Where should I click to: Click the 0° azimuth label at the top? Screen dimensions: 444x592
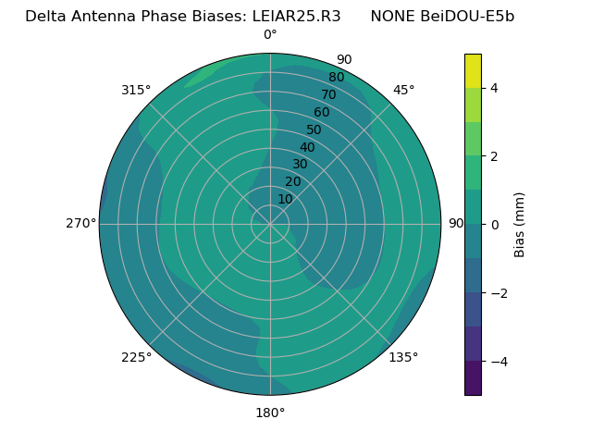270,35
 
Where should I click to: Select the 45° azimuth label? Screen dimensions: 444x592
403,90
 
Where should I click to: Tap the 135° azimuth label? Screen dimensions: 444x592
403,357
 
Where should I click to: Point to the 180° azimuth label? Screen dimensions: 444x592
270,413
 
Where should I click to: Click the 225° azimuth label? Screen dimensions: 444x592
136,357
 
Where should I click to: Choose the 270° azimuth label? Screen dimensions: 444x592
80,224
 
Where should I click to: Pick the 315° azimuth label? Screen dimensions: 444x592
136,90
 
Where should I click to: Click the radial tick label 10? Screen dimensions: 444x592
285,199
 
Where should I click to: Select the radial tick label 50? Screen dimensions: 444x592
314,129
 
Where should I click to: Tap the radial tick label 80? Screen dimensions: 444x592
337,77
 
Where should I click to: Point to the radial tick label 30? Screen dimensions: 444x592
300,165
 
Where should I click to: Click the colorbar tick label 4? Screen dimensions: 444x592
494,88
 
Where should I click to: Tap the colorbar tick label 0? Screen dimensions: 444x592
494,224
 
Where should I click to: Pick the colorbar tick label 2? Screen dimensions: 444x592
494,156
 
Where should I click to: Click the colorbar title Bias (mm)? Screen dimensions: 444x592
520,224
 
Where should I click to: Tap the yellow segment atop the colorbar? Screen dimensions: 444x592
473,70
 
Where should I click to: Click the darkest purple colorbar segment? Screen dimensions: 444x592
473,377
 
